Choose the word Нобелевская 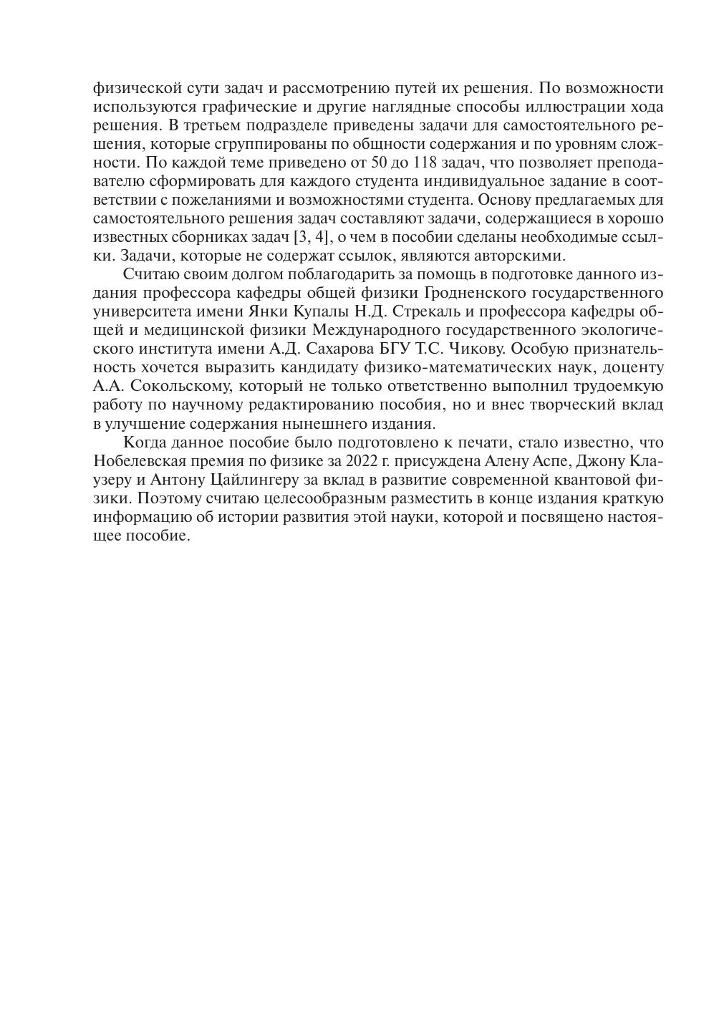(x=137, y=460)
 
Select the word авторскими (x=525, y=256)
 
